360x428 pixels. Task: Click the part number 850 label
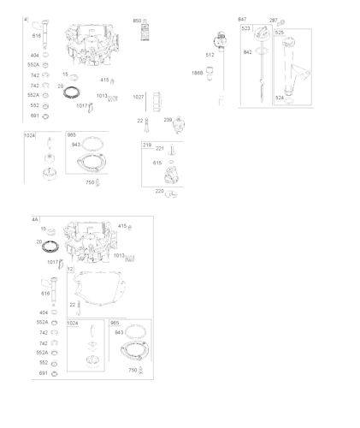137,21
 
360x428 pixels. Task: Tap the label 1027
139,97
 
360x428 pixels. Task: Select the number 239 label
168,120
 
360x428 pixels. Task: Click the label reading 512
210,55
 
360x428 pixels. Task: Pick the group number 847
242,20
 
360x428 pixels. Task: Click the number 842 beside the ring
248,52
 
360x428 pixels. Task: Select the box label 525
280,32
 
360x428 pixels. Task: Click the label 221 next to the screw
159,149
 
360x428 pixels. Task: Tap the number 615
157,163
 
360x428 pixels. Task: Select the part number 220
159,191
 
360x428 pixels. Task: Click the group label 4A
35,220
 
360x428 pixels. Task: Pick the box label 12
70,270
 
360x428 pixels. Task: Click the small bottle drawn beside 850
145,33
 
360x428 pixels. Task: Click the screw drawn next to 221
171,150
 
